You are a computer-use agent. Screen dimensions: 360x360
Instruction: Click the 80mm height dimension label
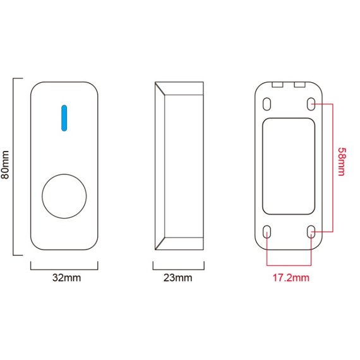pyautogui.click(x=5, y=165)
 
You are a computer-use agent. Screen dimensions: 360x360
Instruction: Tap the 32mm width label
pyautogui.click(x=66, y=278)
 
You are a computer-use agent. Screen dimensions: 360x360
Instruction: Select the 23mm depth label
pyautogui.click(x=177, y=278)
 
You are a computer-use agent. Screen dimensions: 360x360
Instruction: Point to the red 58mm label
pyautogui.click(x=342, y=162)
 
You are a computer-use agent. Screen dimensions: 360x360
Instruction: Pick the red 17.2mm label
pyautogui.click(x=291, y=278)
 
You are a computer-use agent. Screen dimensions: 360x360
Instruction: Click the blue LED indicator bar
pyautogui.click(x=64, y=118)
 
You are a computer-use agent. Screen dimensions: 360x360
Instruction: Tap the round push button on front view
pyautogui.click(x=64, y=196)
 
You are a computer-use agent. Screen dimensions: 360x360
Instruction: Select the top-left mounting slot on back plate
pyautogui.click(x=267, y=104)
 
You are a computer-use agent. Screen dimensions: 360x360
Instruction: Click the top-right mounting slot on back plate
pyautogui.click(x=311, y=104)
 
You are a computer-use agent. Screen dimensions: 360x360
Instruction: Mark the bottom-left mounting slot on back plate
pyautogui.click(x=267, y=232)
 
